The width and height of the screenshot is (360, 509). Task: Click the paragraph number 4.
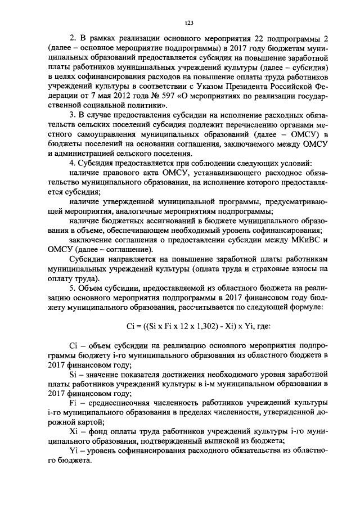point(71,163)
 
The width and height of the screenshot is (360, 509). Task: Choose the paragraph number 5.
point(71,288)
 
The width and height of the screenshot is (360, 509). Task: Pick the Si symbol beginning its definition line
point(72,373)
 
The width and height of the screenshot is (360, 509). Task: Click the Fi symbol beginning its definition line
point(72,404)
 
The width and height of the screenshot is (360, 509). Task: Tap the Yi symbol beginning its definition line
point(73,452)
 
